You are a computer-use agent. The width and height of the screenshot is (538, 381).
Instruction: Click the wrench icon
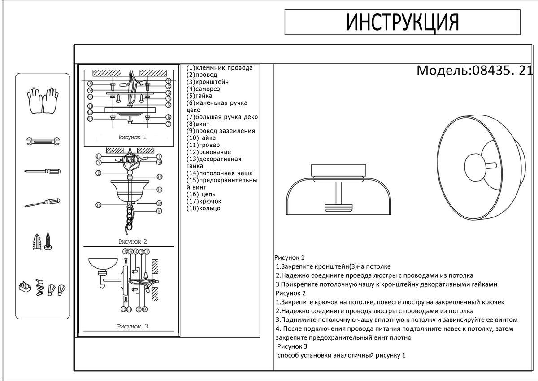click(43, 142)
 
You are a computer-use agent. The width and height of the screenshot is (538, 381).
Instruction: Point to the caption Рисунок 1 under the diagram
click(133, 137)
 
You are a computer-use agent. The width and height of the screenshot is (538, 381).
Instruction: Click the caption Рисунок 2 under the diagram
click(133, 242)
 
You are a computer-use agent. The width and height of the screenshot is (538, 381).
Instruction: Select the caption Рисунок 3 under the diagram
click(133, 327)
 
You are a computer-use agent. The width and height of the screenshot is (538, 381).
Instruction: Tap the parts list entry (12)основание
click(209, 152)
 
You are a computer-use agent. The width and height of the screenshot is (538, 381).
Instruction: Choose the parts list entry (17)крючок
click(204, 201)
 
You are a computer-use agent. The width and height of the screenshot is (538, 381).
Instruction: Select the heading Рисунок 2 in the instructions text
click(291, 293)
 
